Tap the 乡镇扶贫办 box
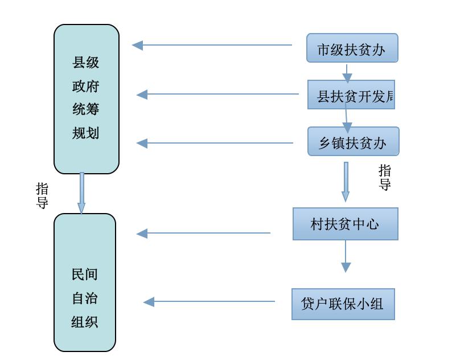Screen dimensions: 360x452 click(353, 142)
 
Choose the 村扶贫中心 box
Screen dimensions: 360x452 click(345, 224)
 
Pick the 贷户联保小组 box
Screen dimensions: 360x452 click(343, 304)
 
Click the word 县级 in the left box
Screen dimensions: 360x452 click(86, 62)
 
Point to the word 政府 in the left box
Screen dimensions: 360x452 click(86, 86)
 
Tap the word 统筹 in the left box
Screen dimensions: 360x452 click(86, 109)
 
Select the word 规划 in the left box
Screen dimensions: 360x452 click(86, 133)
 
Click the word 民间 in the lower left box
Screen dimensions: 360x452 click(85, 275)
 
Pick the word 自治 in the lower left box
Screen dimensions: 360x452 click(85, 298)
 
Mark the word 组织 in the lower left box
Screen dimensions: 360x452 click(85, 322)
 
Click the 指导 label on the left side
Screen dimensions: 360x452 click(42, 196)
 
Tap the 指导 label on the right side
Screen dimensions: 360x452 click(385, 177)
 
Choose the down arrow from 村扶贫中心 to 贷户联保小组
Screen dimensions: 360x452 click(346, 256)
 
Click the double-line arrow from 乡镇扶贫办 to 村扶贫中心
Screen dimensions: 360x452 click(346, 182)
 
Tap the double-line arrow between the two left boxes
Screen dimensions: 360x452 click(81, 193)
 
